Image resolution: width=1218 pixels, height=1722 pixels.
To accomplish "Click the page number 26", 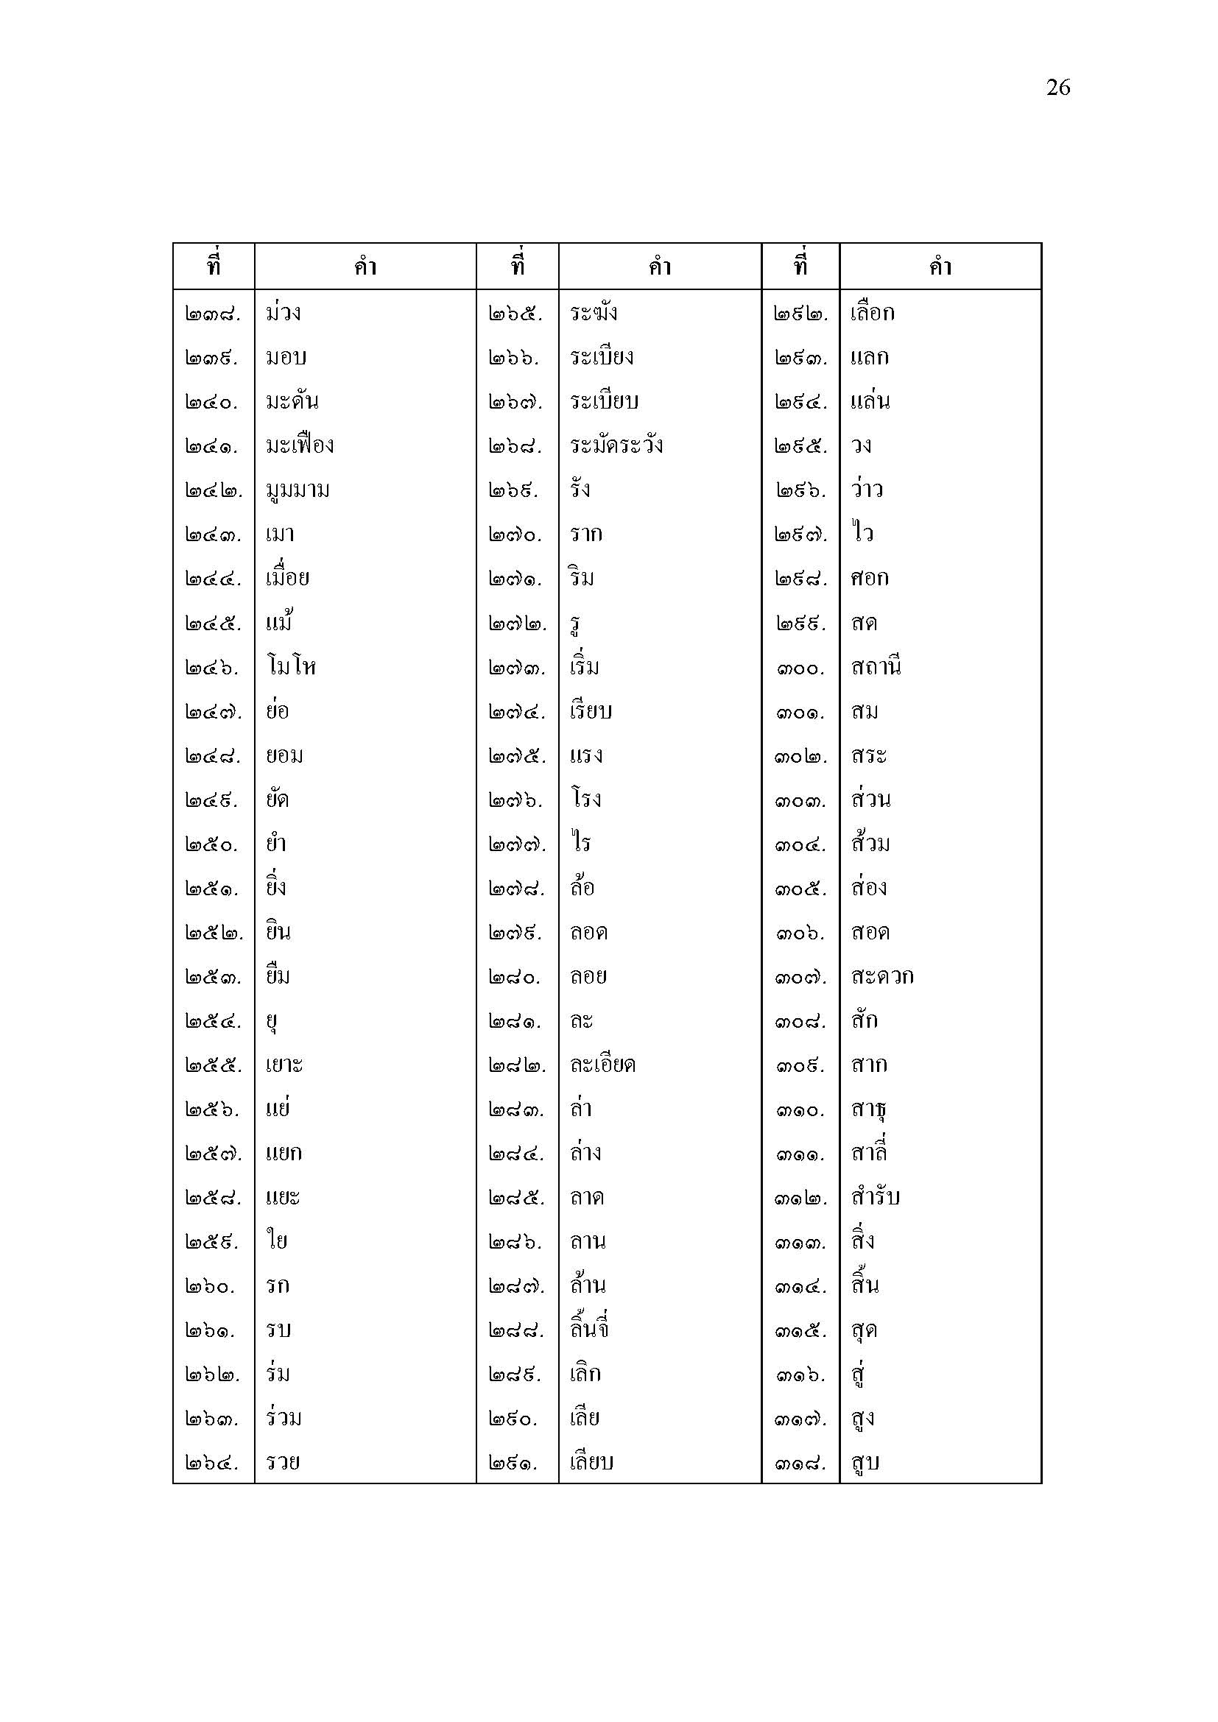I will (1057, 88).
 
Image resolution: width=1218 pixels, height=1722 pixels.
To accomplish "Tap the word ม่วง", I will (283, 313).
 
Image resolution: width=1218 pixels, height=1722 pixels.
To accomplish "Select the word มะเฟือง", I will (299, 445).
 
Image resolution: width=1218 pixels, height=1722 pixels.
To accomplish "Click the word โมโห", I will (292, 667).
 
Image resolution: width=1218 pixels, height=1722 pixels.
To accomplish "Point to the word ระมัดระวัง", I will (616, 445).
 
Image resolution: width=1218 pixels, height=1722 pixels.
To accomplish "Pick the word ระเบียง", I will (602, 357).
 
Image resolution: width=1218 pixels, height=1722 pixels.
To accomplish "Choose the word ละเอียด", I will (602, 1065).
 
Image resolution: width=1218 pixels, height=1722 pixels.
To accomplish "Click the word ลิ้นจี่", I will (589, 1330).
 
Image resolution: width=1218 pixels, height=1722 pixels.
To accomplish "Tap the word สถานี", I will (876, 667).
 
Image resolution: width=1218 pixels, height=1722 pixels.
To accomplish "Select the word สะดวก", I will (882, 976).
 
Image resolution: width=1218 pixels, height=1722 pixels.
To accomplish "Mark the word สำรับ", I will (876, 1197).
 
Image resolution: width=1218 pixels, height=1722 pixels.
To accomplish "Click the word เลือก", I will (872, 313).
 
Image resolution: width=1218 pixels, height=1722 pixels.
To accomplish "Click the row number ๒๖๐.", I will (211, 1287).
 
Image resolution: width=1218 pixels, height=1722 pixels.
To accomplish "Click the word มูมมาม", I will (297, 490).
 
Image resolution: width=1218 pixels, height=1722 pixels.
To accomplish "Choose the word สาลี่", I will (869, 1152).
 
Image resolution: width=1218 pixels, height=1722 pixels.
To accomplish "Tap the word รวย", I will (283, 1463).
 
